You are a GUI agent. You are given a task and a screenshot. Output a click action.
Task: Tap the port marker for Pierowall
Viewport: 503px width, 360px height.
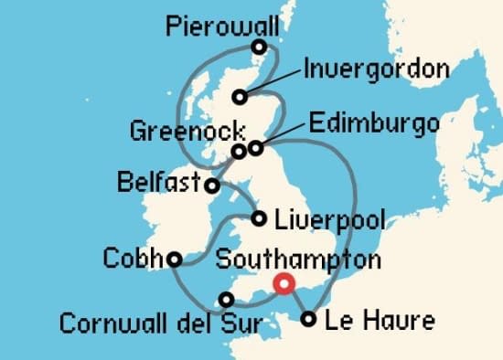pos(260,47)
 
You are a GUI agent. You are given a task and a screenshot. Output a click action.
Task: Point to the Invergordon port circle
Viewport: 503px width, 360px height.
pos(240,97)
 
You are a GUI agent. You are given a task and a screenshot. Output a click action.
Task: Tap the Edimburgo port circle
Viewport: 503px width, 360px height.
pos(256,146)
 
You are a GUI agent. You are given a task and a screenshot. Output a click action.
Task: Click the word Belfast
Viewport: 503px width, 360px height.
pos(159,184)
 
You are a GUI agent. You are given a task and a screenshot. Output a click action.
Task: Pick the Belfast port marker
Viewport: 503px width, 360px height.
pos(212,185)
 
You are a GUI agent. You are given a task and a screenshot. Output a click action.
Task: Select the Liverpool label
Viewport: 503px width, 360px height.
pos(330,220)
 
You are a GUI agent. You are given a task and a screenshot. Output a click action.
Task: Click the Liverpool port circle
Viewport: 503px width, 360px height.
pos(260,218)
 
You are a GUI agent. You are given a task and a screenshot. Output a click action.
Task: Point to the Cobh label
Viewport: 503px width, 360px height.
pos(132,257)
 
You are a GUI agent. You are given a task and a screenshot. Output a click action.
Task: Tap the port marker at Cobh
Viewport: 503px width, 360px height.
pos(173,259)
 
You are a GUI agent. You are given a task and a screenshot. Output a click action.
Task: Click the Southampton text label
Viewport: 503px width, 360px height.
pos(298,260)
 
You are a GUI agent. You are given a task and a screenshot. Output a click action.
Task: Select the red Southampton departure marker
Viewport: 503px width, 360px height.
pos(284,284)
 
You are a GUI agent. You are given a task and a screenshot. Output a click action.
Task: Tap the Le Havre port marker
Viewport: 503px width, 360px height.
pos(309,320)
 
